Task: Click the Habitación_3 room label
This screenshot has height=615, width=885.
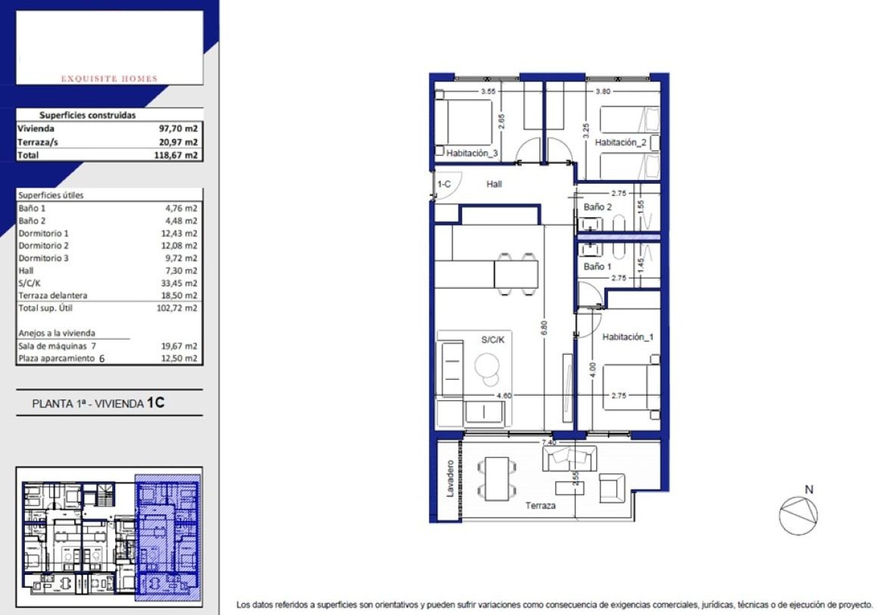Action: (x=472, y=153)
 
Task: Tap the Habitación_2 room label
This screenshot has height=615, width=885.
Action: (x=620, y=142)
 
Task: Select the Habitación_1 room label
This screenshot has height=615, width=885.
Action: (x=628, y=337)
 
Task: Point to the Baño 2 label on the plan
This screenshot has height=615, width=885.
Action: (x=598, y=207)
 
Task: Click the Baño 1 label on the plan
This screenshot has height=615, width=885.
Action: (x=598, y=266)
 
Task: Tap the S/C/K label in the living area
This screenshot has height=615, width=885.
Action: (x=492, y=340)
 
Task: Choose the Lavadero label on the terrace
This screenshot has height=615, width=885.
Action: (x=450, y=479)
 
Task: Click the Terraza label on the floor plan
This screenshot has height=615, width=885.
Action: (x=540, y=505)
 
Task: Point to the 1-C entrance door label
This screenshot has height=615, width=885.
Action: (x=444, y=184)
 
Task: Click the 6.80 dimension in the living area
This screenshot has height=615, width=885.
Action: (x=544, y=328)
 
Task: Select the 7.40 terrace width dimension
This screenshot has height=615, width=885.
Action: (x=548, y=443)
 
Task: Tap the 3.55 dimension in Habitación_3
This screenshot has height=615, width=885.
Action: (x=488, y=92)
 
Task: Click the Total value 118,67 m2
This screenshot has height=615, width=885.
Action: (x=176, y=155)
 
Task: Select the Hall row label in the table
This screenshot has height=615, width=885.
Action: (x=26, y=271)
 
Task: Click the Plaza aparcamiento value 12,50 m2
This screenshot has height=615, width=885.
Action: (x=179, y=359)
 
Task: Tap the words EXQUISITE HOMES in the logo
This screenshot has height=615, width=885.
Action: (x=110, y=79)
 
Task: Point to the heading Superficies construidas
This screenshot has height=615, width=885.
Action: (x=88, y=115)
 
